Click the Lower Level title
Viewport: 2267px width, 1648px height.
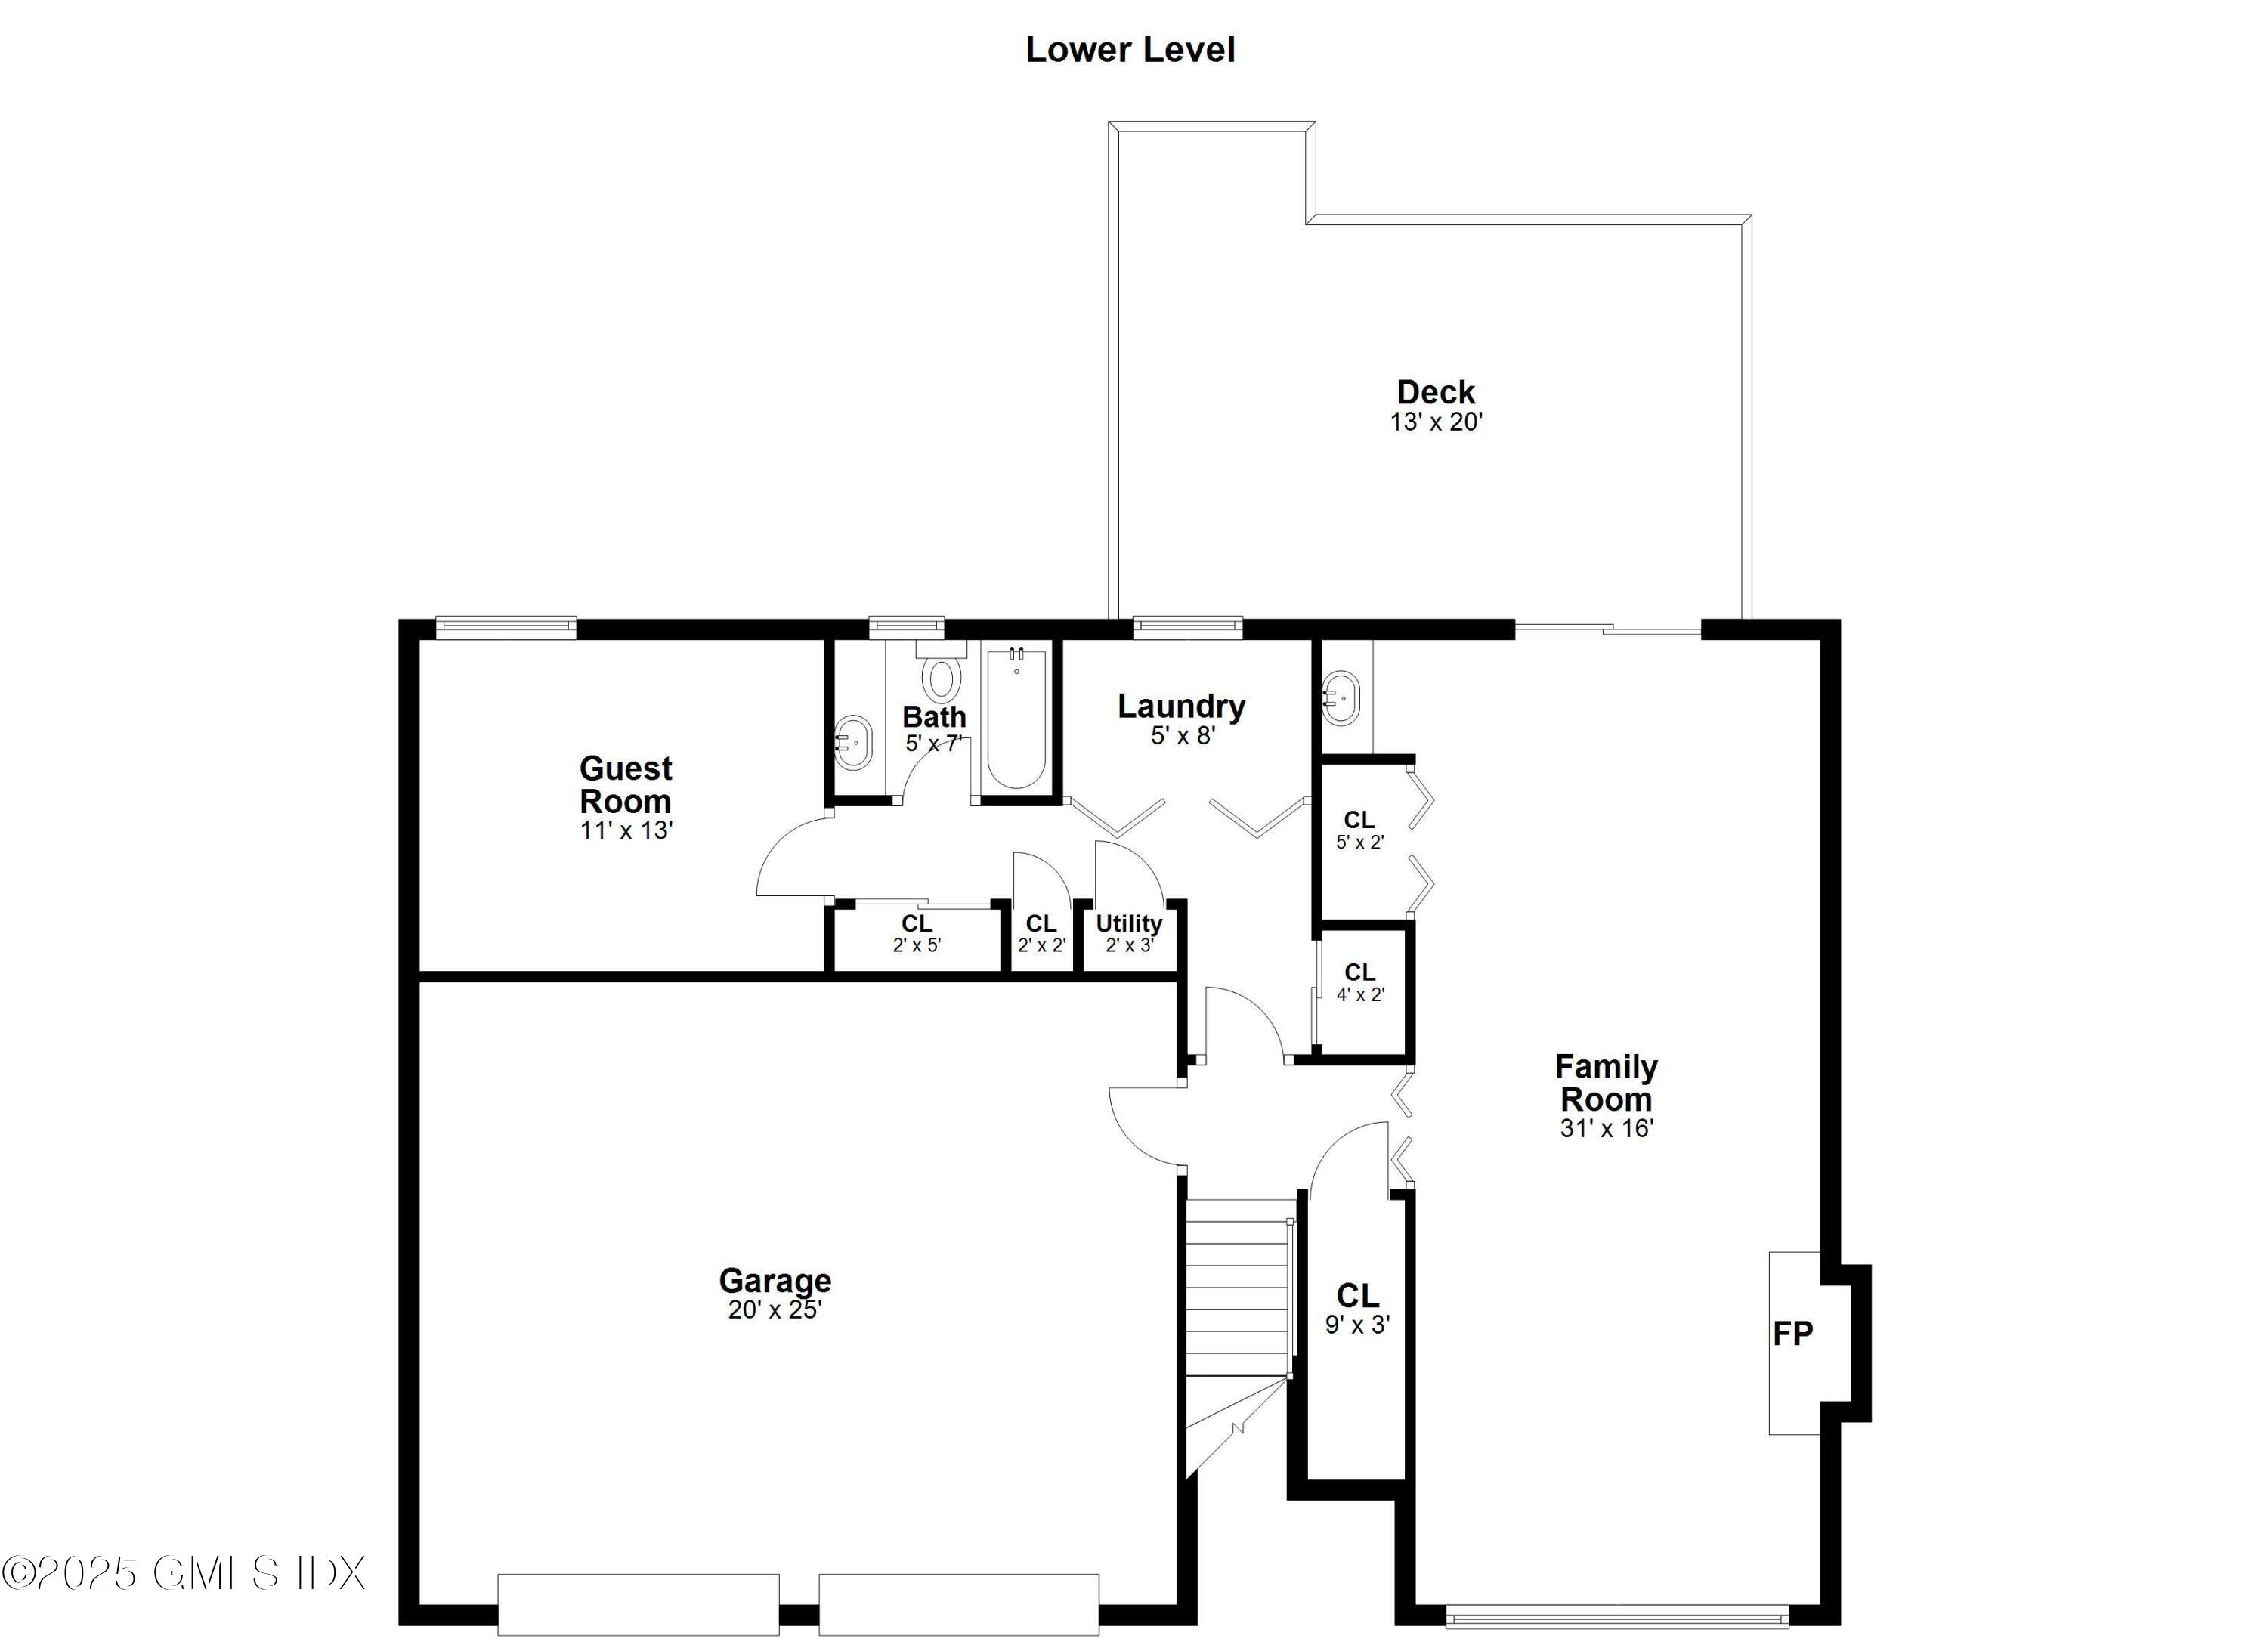coord(1130,50)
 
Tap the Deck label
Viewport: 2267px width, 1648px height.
coord(1435,391)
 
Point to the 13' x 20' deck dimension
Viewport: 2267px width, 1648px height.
coord(1435,422)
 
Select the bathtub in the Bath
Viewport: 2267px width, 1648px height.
coord(1016,719)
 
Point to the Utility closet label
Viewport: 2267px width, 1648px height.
coord(1128,923)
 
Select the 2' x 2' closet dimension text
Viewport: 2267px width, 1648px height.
coord(1041,945)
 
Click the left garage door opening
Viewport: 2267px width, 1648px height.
coord(638,1604)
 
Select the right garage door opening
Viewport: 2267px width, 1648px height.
coord(959,1604)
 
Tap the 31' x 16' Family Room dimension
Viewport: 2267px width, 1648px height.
coord(1607,1128)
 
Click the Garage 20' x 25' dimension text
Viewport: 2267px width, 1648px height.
coord(775,1310)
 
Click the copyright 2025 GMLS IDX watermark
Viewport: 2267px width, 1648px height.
coord(184,1573)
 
